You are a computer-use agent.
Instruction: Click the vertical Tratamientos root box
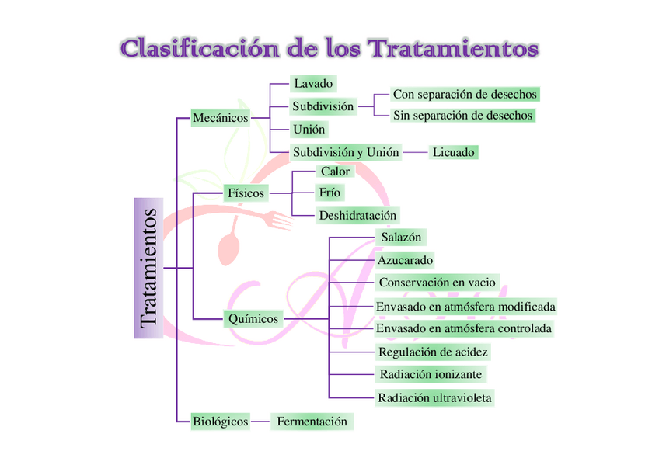pos(148,268)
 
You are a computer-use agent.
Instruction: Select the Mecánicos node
pos(220,118)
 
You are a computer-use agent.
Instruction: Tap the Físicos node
pos(246,193)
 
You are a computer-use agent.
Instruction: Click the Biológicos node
pos(220,422)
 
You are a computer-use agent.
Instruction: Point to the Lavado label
pos(313,82)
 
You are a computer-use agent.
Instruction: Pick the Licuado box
pos(453,152)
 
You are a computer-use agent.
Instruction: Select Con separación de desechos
pos(465,94)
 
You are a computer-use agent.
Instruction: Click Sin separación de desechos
pos(463,115)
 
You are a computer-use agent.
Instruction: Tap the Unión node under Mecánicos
pos(309,130)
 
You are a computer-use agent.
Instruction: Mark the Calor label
pos(335,172)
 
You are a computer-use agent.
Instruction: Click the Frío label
pos(329,193)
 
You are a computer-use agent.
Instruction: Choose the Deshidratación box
pos(357,215)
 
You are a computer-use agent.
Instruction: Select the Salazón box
pos(401,236)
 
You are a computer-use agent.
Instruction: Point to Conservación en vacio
pos(437,283)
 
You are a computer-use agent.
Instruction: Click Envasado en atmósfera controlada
pos(464,328)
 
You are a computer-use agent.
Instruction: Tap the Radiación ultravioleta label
pos(434,398)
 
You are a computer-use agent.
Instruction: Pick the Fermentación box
pos(312,422)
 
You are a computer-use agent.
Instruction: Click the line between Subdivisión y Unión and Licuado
pos(416,153)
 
